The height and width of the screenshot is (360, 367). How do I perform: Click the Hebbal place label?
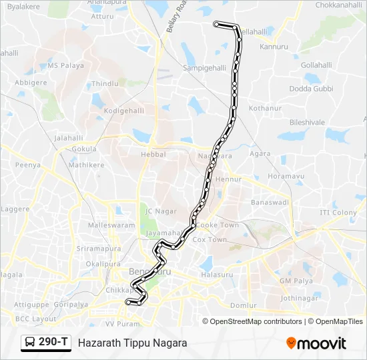153,154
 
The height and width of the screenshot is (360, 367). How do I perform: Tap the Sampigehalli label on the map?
205,68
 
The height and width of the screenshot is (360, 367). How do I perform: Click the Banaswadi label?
270,202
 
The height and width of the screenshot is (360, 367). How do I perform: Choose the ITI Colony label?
338,213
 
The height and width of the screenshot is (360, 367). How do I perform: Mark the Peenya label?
28,165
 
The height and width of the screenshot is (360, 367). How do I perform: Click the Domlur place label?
243,305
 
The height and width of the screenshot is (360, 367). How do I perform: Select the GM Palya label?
296,281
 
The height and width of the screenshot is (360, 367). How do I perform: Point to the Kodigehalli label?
124,110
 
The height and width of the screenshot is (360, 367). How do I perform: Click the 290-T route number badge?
53,342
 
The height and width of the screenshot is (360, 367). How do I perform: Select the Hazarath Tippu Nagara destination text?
132,343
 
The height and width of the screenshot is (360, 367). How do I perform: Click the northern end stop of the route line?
216,24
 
